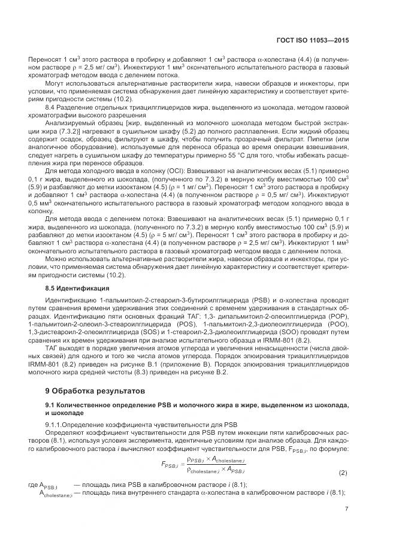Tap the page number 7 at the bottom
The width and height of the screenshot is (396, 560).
(x=347, y=509)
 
